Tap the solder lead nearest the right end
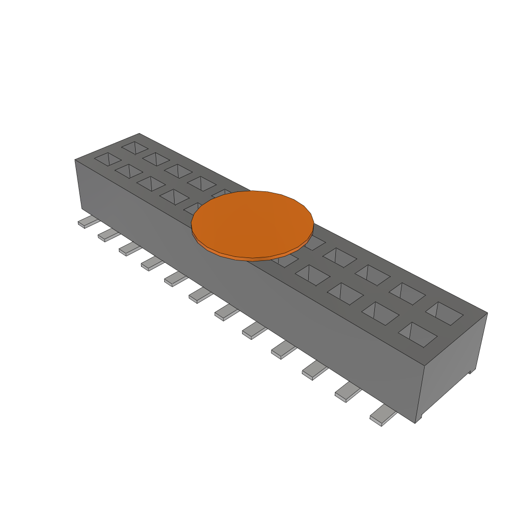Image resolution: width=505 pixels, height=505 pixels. [x=383, y=416]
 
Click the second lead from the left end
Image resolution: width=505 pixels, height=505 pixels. [x=109, y=236]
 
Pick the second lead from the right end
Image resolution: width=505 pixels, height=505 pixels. [x=348, y=392]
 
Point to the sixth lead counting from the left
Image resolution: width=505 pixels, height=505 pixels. [x=200, y=296]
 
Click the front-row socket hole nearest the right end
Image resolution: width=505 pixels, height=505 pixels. [x=418, y=334]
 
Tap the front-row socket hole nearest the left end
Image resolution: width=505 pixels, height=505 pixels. [x=108, y=159]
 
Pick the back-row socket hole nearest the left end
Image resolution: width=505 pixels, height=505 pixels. [x=135, y=147]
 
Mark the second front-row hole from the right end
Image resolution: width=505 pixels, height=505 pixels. [x=380, y=313]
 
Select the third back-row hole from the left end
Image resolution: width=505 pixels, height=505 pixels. [x=178, y=171]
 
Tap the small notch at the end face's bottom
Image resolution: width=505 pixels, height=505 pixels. [x=471, y=370]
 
